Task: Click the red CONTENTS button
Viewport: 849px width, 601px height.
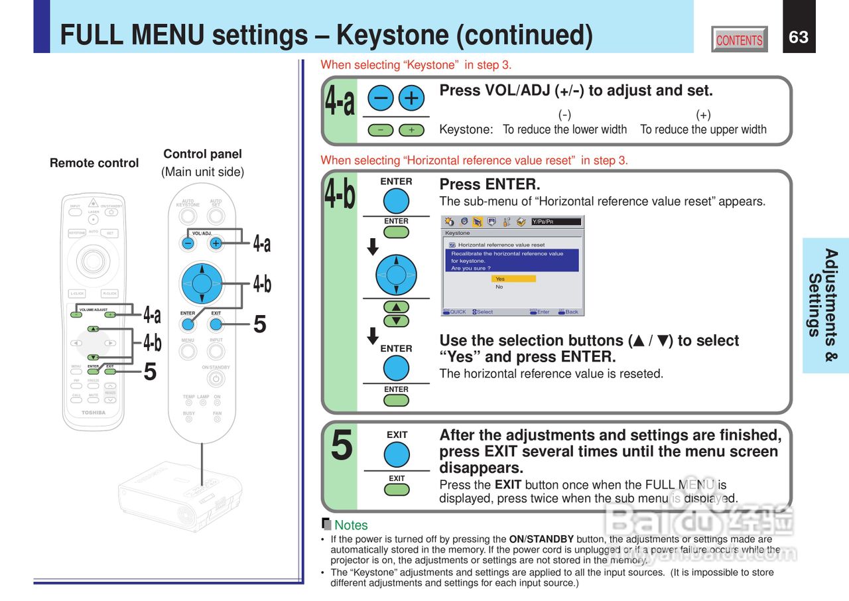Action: click(x=739, y=40)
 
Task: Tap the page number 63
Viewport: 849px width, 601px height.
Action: click(x=799, y=37)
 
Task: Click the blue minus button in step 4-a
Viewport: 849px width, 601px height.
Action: click(x=381, y=98)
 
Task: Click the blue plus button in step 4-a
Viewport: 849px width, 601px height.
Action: click(x=411, y=98)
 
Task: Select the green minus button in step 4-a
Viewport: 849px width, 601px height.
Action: click(x=381, y=130)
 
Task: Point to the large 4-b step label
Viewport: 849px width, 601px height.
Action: click(x=340, y=195)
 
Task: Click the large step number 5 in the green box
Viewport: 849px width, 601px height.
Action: click(x=342, y=446)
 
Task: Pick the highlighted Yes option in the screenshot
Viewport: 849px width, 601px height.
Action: click(x=513, y=279)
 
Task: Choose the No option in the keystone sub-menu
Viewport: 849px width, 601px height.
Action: click(x=499, y=287)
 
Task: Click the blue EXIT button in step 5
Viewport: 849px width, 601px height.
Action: click(x=397, y=455)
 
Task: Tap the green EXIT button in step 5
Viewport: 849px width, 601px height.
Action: click(x=397, y=490)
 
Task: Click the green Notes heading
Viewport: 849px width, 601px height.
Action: click(x=351, y=525)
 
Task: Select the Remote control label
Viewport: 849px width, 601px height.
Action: click(x=94, y=163)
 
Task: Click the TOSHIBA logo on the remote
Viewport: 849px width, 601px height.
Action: click(x=94, y=413)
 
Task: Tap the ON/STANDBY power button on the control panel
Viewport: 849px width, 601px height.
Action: click(x=214, y=379)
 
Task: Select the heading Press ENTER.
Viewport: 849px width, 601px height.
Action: click(x=490, y=184)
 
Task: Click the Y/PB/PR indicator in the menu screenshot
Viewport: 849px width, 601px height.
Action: click(x=556, y=222)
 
